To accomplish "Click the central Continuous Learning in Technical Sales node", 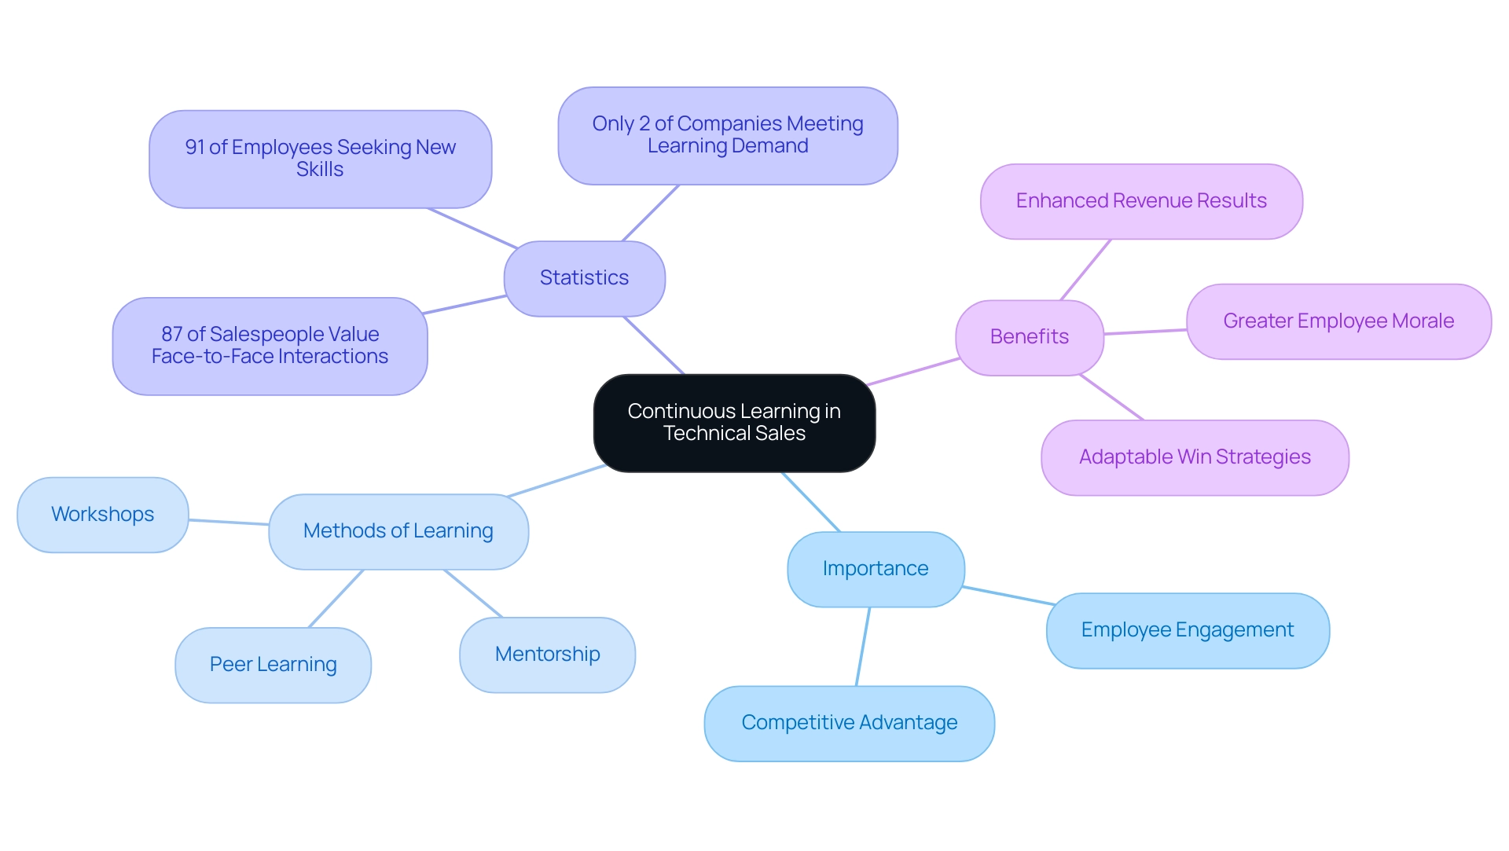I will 734,423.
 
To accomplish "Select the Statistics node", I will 584,278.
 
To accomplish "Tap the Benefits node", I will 1029,337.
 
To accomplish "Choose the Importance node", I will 875,569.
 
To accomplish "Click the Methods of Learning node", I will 398,531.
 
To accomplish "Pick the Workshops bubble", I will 102,515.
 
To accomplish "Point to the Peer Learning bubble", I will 273,665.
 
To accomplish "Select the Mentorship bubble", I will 547,655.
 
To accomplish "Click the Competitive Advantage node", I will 849,723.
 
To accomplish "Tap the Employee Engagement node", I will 1187,630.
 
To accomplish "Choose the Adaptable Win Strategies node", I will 1194,457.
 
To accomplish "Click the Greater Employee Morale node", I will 1338,321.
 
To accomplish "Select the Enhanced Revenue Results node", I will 1140,201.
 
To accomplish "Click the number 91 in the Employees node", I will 194,148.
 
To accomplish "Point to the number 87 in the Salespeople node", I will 171,335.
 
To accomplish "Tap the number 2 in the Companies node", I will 644,124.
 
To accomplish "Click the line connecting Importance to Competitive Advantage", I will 863,646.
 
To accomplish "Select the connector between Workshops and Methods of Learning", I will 229,522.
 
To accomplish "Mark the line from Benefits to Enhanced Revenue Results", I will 1085,270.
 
